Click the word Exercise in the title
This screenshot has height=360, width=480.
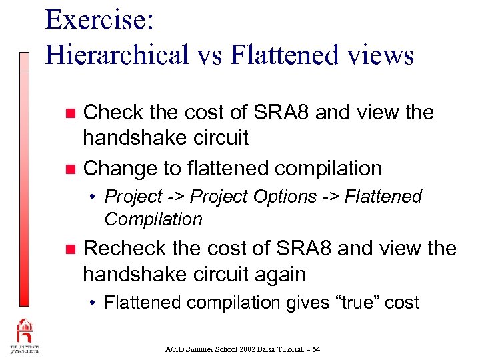coord(99,20)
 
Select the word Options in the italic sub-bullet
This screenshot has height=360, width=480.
coord(289,197)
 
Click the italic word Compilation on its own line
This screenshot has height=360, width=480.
coord(153,219)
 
